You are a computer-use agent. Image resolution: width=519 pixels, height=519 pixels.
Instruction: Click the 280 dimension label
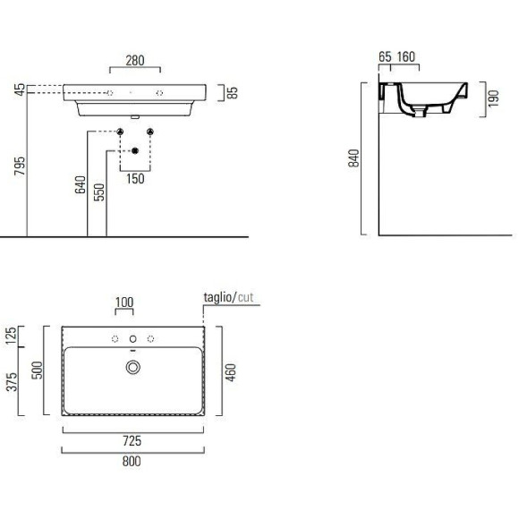(135, 61)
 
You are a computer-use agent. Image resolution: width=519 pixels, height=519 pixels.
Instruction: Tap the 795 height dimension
(20, 166)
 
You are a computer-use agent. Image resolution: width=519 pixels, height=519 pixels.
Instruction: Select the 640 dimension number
(81, 184)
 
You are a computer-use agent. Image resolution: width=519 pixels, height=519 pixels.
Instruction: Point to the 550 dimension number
(99, 192)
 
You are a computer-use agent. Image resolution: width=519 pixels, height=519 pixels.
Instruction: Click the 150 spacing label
(135, 179)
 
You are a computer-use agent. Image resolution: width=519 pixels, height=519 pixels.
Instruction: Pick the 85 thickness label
(233, 93)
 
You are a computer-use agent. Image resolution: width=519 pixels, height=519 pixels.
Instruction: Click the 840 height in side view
(353, 158)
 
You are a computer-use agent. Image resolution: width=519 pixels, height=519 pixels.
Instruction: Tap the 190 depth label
(493, 98)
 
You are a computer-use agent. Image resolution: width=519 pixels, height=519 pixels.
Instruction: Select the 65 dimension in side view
(385, 57)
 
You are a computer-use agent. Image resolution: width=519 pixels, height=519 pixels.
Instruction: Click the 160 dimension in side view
(405, 57)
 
